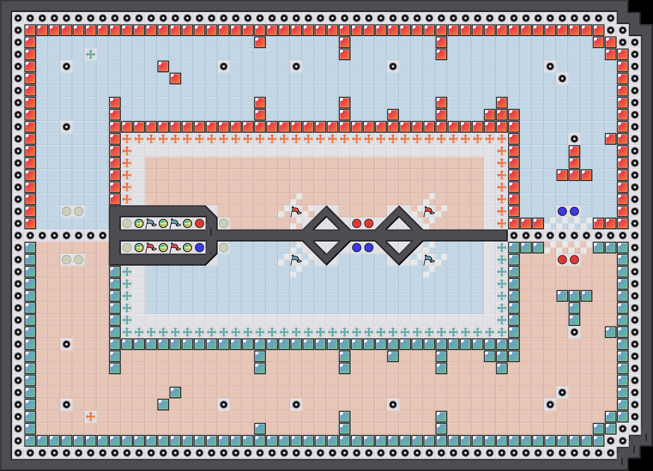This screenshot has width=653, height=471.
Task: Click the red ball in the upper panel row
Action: click(200, 223)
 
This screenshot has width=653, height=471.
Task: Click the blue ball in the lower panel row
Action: click(200, 248)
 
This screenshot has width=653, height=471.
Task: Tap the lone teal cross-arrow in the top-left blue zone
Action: click(91, 54)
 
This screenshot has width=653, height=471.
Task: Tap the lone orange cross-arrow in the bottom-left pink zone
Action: click(91, 417)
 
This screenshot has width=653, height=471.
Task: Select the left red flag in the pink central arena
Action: click(296, 211)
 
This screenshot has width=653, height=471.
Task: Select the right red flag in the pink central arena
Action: click(429, 211)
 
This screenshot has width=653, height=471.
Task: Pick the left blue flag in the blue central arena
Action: click(296, 260)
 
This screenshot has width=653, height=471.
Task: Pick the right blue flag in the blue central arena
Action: click(429, 260)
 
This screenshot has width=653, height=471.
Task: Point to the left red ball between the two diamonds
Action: click(357, 223)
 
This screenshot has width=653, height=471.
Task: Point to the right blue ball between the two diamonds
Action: click(369, 248)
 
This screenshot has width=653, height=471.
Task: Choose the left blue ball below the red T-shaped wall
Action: click(562, 211)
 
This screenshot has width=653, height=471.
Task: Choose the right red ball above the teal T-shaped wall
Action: click(574, 260)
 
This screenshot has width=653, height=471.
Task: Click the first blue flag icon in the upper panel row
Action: click(151, 223)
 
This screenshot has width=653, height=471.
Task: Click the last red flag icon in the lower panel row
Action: click(175, 248)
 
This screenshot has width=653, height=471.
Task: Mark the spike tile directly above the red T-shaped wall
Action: click(574, 139)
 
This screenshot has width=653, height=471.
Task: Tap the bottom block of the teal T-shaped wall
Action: click(574, 320)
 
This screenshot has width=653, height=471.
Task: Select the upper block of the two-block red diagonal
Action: click(163, 66)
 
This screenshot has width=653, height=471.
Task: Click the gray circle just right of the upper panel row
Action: click(224, 223)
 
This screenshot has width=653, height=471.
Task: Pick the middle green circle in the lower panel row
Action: click(163, 248)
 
